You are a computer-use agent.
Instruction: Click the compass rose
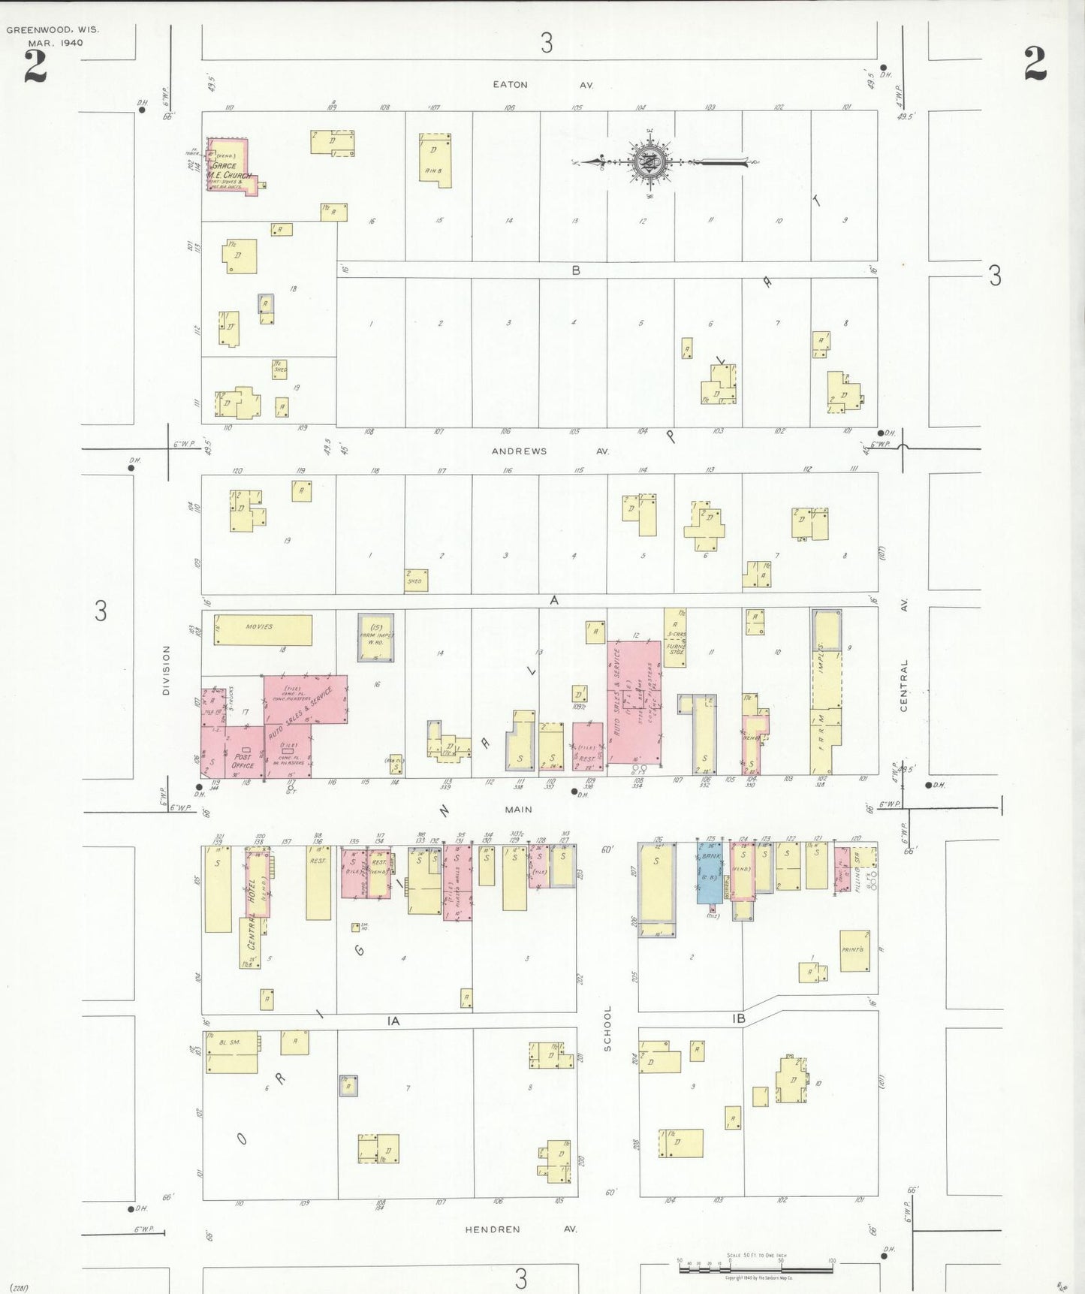[x=647, y=162]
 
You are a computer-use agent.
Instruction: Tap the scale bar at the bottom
[x=755, y=1268]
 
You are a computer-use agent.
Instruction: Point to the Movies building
[x=263, y=630]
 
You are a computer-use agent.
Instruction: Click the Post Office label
[x=243, y=761]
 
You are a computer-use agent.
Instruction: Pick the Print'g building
[x=854, y=950]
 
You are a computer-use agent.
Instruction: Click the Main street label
[x=518, y=810]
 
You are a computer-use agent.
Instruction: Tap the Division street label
[x=166, y=670]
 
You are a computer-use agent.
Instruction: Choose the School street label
[x=607, y=1028]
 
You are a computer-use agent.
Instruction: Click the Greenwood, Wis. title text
[x=53, y=30]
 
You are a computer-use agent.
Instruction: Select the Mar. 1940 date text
[x=56, y=43]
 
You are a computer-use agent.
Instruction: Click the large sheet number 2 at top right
[x=1035, y=64]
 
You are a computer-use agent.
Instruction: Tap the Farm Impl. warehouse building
[x=375, y=638]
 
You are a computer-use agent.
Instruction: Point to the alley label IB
[x=738, y=1019]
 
